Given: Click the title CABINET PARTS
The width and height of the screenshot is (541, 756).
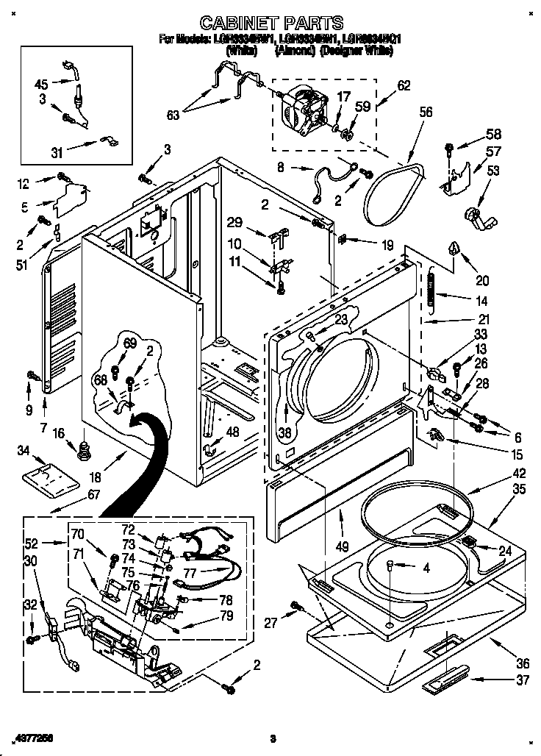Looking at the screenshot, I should coord(271,23).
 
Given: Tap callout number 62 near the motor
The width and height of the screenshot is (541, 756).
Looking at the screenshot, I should coord(404,85).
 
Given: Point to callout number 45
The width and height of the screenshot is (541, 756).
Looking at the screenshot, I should coord(42,83).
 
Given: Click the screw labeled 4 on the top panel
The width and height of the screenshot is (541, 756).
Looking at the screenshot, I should coord(390,565).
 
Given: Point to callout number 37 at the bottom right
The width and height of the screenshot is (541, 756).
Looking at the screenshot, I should coord(523,680).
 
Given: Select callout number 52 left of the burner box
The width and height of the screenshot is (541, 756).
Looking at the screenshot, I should coord(32,543).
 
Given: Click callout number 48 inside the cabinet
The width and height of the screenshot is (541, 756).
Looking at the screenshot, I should coord(232,432).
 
